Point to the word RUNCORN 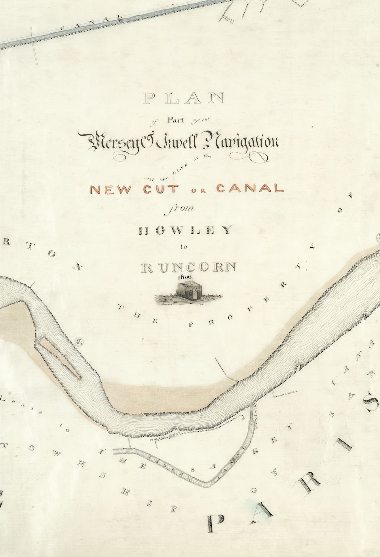(x=188, y=268)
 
